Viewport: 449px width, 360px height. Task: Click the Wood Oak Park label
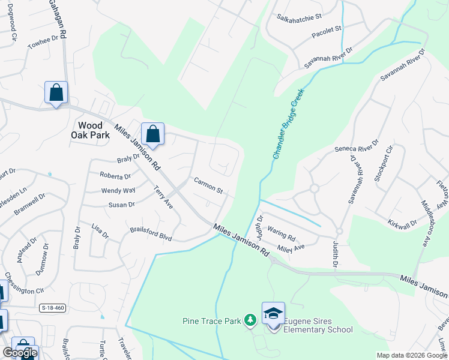94,130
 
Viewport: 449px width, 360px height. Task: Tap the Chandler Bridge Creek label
289,124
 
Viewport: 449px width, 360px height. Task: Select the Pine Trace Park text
212,321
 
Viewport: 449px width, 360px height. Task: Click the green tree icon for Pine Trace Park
250,321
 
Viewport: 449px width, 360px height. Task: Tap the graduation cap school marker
273,314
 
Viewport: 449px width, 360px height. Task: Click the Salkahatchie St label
300,18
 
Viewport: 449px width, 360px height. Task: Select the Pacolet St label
326,32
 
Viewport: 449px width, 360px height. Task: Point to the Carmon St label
208,185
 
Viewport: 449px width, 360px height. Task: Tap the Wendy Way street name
118,191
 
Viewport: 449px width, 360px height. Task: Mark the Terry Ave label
163,197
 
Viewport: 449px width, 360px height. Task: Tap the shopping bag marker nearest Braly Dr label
152,134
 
